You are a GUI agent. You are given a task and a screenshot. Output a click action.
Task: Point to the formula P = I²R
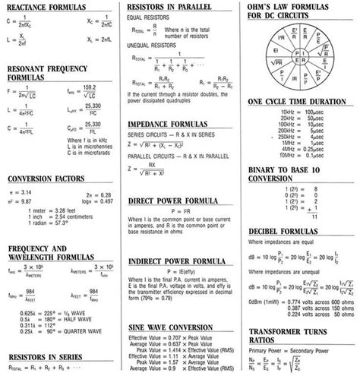(x=180, y=209)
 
